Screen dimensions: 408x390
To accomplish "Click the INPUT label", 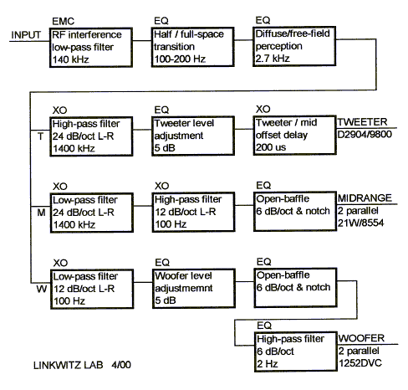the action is point(26,35).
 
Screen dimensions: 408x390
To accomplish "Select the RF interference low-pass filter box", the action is point(91,47).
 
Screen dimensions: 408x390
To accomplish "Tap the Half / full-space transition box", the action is point(192,47).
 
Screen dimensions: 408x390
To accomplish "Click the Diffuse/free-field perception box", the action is point(294,46).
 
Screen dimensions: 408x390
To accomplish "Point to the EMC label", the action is point(64,21).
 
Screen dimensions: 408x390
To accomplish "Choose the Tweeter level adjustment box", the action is point(193,136).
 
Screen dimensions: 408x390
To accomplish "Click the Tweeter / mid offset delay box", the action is point(295,135).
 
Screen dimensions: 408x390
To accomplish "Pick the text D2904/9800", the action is point(365,135).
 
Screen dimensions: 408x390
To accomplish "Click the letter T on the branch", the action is point(41,136).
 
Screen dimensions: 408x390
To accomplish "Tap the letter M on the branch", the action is point(41,213).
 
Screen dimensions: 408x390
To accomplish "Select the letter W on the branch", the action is point(42,289).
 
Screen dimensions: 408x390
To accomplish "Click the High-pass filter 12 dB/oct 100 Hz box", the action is point(193,212).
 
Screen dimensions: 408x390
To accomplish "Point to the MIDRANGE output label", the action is point(365,198).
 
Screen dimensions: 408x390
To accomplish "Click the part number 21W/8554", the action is point(360,223).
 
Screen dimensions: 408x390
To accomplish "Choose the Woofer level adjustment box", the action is point(194,289).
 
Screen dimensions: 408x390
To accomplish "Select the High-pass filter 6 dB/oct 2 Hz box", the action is point(296,352).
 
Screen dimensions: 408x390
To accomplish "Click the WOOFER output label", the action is point(361,338).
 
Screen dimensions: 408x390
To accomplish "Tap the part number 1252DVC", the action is point(360,363).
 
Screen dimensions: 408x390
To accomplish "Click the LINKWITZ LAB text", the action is point(69,365).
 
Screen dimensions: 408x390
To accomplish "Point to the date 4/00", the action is point(121,365).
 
